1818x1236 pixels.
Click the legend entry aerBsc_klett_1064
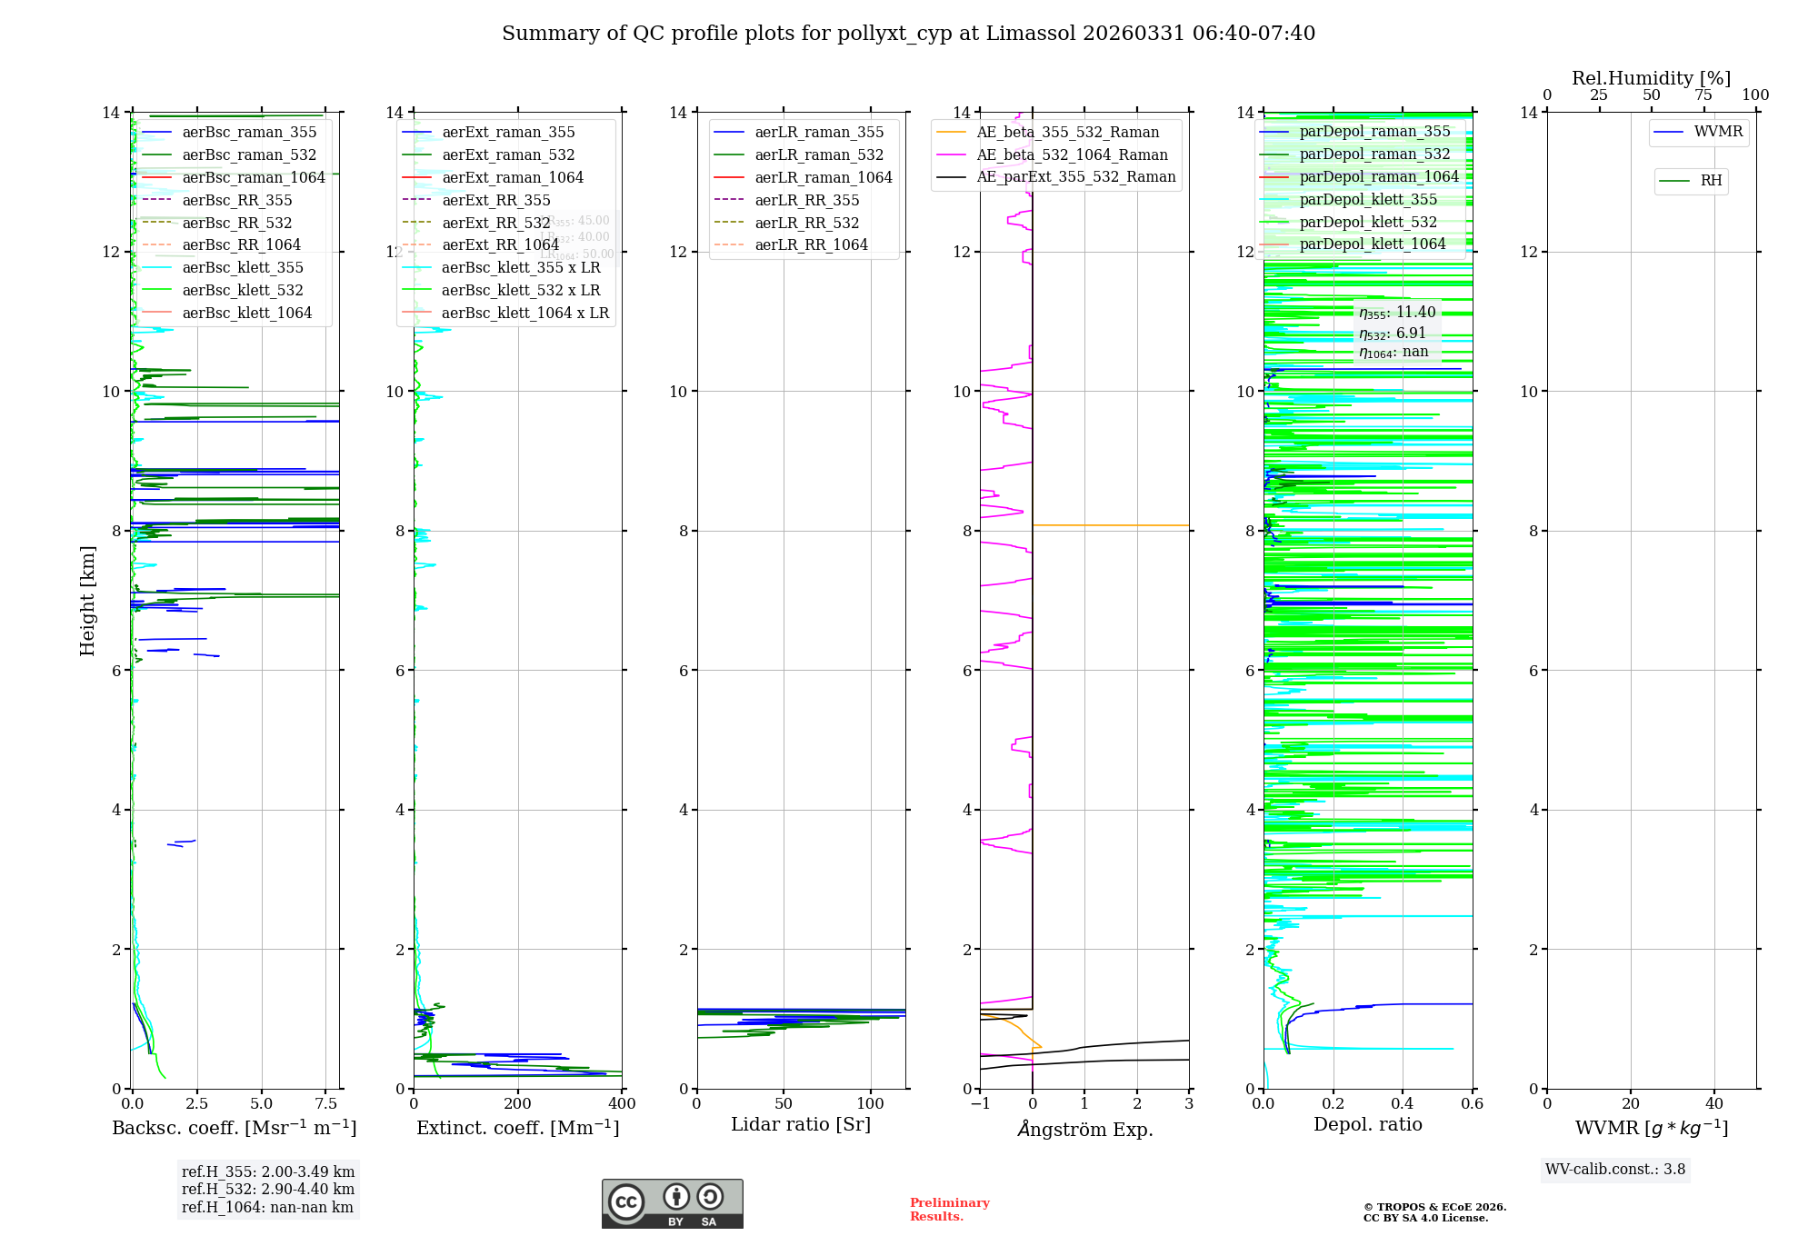point(246,313)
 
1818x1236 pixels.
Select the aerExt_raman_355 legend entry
point(508,133)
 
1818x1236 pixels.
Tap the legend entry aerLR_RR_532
point(806,223)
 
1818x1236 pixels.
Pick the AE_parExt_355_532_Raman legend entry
point(1075,177)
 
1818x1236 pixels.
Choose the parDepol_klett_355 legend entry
point(1367,200)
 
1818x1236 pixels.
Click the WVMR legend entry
point(1717,132)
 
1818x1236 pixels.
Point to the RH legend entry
point(1710,181)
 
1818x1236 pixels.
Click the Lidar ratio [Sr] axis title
point(800,1124)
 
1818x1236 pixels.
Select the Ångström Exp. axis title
point(1084,1129)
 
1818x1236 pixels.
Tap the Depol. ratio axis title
point(1367,1124)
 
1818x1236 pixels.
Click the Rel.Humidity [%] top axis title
point(1651,78)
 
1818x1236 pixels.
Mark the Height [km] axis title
point(87,600)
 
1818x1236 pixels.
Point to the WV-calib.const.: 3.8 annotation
point(1615,1170)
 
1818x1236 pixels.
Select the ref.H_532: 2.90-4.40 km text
point(268,1190)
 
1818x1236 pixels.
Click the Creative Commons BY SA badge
point(672,1203)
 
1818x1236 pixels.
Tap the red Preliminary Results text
point(949,1210)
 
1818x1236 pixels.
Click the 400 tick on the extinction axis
point(622,1104)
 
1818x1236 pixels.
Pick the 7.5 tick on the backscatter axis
point(326,1104)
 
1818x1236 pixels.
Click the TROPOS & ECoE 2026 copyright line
point(1434,1207)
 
